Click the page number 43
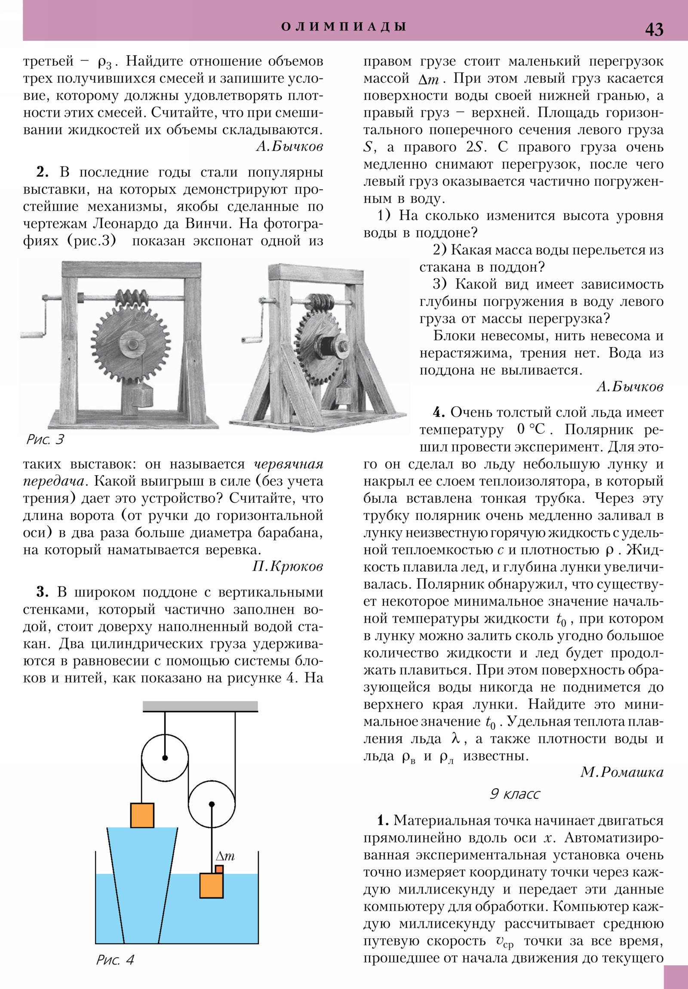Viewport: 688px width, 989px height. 654,29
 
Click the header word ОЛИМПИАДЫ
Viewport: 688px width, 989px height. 343,27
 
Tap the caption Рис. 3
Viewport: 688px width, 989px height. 45,439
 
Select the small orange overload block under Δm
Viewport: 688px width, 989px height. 219,869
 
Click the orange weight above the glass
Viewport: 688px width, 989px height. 142,815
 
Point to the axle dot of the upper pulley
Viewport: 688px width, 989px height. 165,758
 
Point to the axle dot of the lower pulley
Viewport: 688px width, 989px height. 212,804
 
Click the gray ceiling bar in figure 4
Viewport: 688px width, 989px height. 200,706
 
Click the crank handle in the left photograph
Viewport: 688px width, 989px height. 32,334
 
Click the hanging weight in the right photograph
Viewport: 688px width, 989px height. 345,395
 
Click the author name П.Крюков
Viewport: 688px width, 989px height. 287,566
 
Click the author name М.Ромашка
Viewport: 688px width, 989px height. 621,772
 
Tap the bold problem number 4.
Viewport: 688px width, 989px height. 438,412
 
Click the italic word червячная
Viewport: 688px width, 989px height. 288,464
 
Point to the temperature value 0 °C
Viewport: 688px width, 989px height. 531,430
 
